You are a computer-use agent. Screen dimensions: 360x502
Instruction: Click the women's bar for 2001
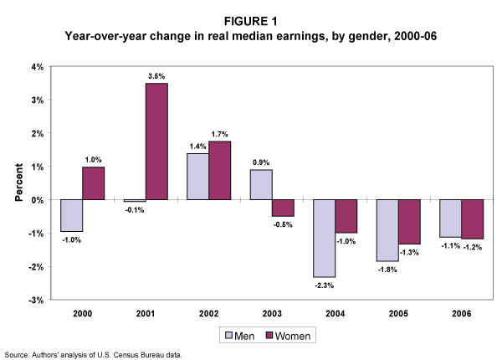click(156, 141)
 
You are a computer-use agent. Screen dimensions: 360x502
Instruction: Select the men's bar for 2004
click(324, 239)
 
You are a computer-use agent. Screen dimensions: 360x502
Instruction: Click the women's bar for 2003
click(282, 208)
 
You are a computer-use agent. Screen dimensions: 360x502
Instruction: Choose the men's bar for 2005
click(387, 230)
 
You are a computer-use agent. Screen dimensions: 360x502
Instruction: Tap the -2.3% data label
click(324, 285)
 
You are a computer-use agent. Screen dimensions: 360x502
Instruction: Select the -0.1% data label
click(131, 210)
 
